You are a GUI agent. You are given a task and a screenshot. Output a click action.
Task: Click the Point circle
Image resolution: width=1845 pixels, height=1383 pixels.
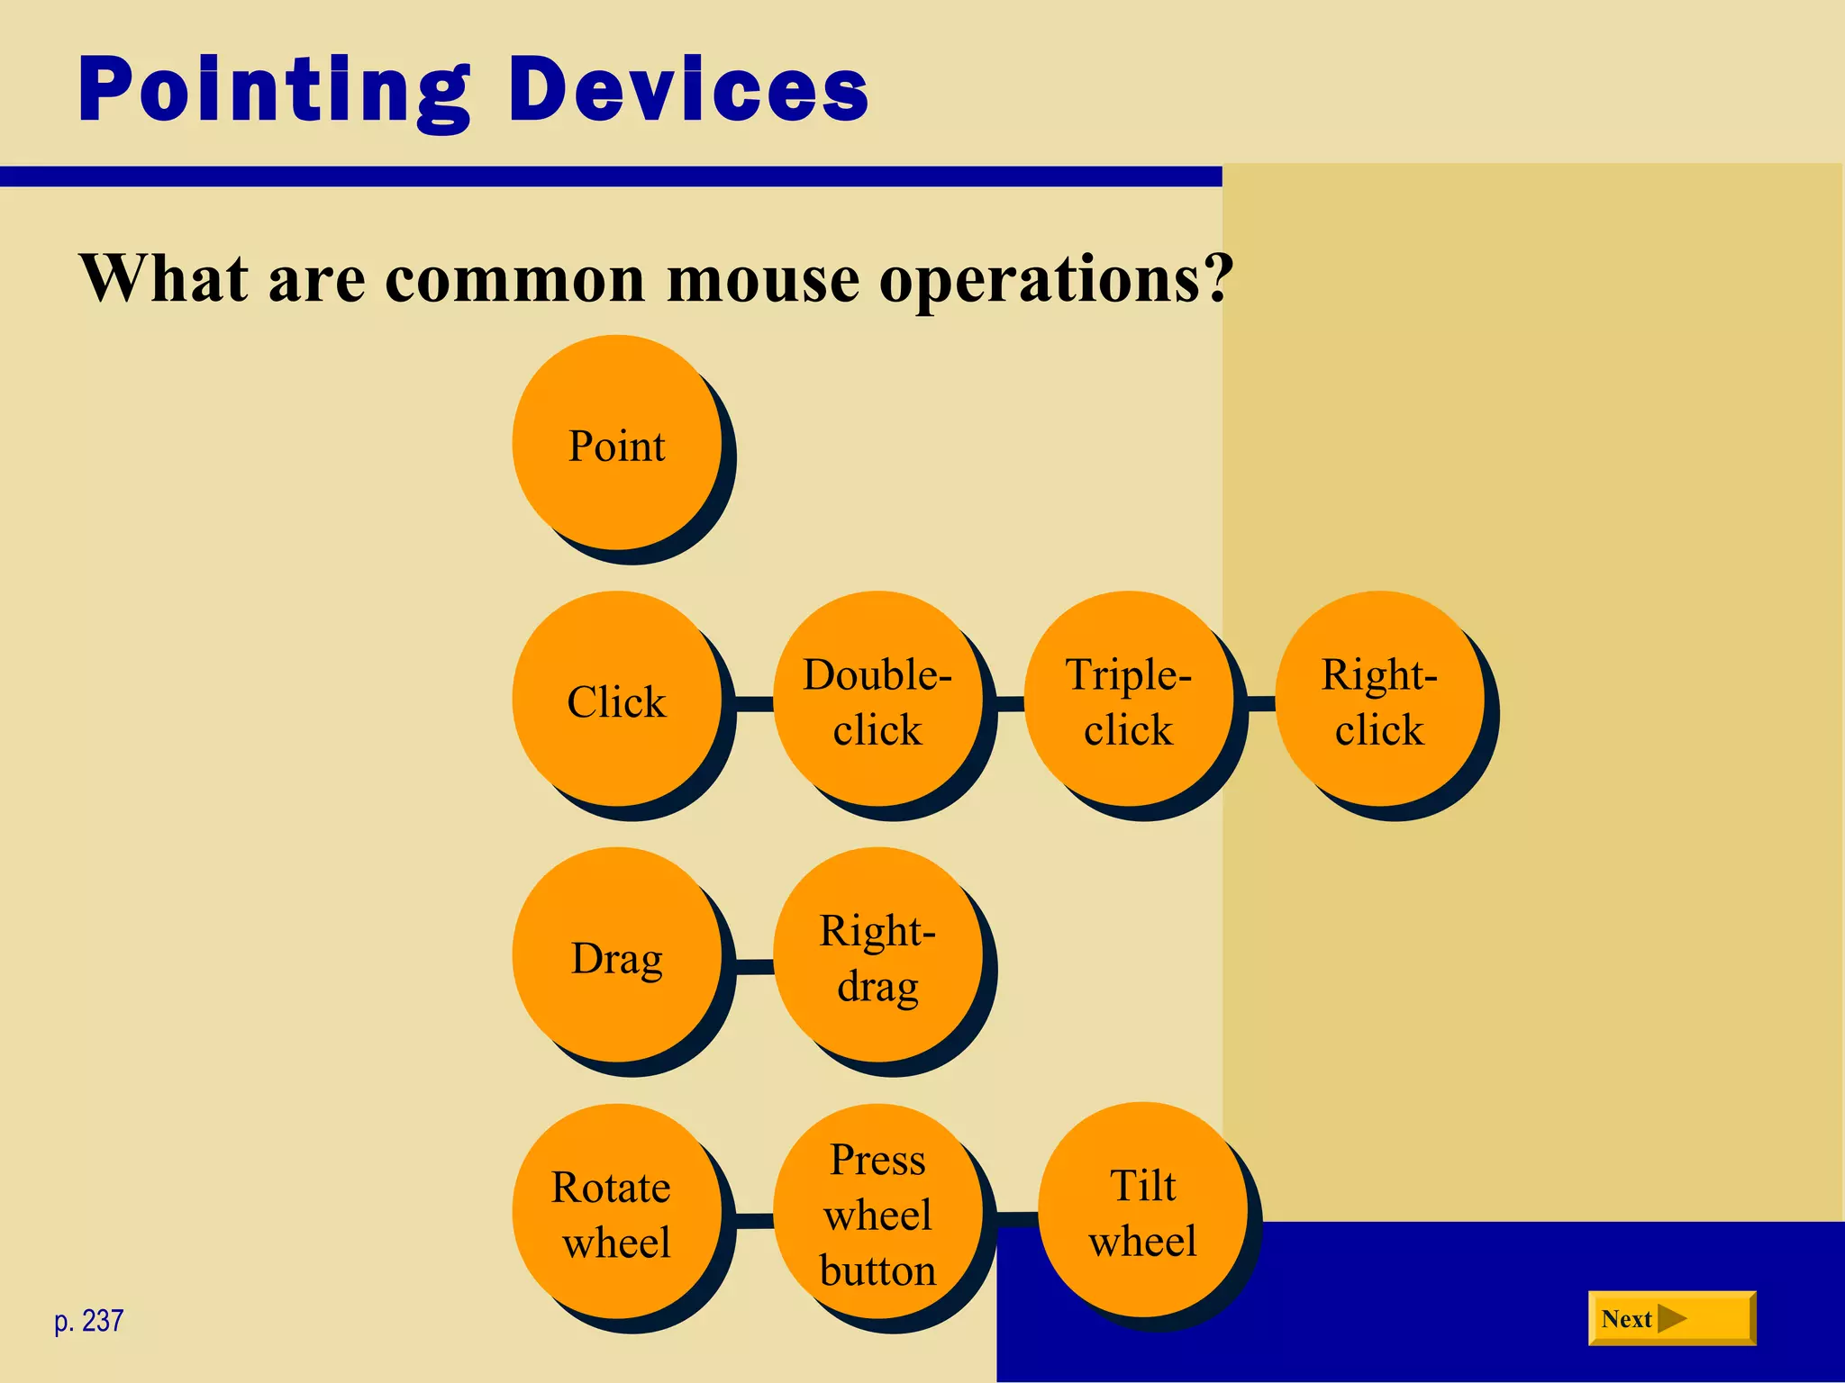[x=617, y=443]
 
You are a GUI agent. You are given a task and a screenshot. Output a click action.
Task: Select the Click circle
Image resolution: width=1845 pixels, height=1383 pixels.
[x=617, y=700]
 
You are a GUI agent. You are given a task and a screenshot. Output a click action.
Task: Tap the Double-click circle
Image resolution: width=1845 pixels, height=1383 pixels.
[x=877, y=700]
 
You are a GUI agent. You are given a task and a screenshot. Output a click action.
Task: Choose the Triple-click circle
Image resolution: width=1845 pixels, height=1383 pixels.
[x=1129, y=700]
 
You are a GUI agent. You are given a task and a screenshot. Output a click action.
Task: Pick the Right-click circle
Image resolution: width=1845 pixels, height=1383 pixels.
[x=1379, y=700]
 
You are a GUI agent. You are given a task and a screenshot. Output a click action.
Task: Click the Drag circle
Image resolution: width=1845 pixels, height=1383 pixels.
[x=617, y=955]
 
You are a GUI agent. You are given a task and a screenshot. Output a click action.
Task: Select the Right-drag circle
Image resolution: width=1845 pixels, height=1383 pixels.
[x=877, y=955]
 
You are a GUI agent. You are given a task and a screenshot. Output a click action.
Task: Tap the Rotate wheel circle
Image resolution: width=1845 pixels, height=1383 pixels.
[x=617, y=1212]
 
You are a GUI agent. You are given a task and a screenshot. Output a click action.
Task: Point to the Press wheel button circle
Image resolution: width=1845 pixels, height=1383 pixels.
[x=877, y=1212]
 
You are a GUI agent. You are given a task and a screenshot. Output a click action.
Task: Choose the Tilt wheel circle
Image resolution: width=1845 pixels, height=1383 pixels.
[x=1142, y=1210]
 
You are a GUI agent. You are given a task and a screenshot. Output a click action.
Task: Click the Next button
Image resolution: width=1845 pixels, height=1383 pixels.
[x=1671, y=1318]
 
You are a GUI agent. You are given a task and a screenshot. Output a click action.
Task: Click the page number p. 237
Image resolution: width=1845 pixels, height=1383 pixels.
[x=88, y=1321]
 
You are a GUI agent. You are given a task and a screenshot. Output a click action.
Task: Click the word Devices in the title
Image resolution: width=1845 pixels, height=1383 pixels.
[x=688, y=90]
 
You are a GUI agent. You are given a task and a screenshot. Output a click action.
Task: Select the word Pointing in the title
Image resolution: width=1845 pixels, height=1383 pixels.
[x=274, y=90]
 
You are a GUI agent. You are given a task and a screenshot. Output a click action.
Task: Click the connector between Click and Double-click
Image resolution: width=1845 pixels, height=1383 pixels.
[x=755, y=703]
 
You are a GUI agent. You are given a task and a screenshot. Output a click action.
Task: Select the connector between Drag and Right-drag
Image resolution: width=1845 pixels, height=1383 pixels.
[x=755, y=967]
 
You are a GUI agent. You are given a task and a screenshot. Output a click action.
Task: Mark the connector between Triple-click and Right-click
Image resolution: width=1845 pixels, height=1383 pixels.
[x=1261, y=703]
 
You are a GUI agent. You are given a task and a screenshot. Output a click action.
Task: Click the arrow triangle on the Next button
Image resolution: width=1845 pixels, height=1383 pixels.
[x=1671, y=1319]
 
